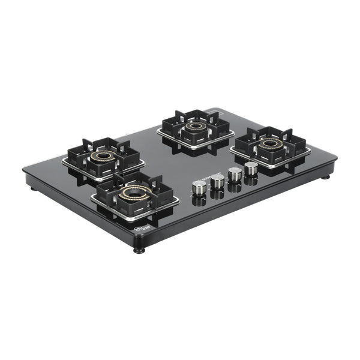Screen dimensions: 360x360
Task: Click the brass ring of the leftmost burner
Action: click(x=103, y=155)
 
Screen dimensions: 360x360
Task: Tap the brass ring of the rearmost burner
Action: click(x=195, y=126)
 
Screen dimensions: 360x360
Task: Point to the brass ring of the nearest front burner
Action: click(x=136, y=193)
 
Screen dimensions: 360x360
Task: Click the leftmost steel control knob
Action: click(x=199, y=187)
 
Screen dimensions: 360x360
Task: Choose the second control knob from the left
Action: click(x=217, y=180)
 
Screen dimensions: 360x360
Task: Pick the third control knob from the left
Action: click(x=235, y=174)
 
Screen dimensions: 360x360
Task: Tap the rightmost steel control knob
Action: click(x=251, y=168)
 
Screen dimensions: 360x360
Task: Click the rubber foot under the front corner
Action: click(x=139, y=248)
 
